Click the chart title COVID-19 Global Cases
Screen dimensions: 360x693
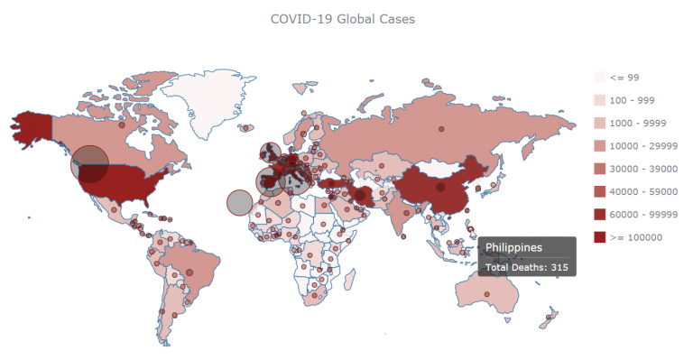[x=343, y=18]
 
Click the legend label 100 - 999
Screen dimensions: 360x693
[x=630, y=99]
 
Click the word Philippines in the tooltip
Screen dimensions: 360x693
[x=513, y=246]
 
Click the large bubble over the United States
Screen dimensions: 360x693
[x=89, y=164]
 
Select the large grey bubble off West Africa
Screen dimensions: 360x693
[x=238, y=203]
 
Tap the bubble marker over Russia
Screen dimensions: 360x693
[x=441, y=127]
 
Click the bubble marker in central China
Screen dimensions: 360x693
[x=439, y=188]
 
